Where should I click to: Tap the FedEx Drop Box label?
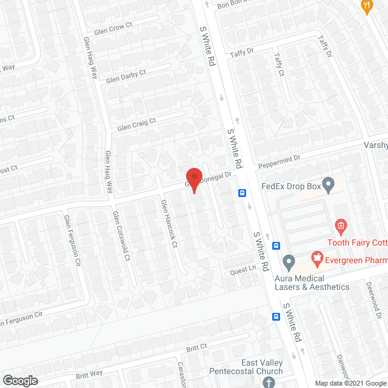point(290,187)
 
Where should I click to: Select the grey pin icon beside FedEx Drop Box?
point(329,185)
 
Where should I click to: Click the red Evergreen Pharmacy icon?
point(316,259)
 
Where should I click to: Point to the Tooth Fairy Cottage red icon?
point(341,228)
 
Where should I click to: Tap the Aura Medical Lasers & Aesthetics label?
point(312,282)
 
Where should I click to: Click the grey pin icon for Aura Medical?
point(289,263)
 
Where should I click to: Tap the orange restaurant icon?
point(366,7)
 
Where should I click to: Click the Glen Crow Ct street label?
point(113,29)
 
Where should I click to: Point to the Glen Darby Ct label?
point(125,76)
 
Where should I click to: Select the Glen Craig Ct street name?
point(136,124)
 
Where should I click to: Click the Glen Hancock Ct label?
point(169,225)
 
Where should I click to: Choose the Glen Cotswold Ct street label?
point(121,236)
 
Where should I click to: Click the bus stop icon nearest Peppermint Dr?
point(242,193)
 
